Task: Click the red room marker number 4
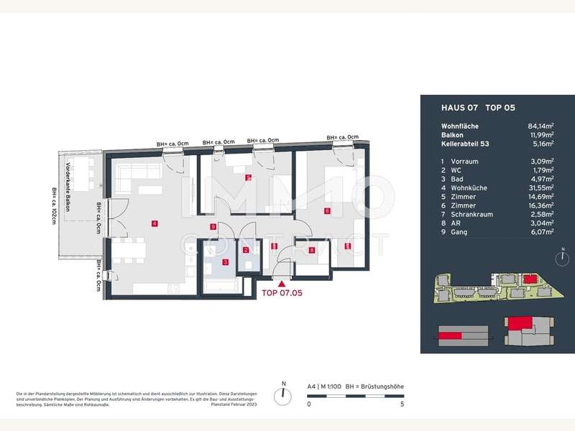pos(155,223)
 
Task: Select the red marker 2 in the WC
pos(247,251)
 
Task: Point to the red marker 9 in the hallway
pos(213,227)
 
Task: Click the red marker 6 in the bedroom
pos(327,211)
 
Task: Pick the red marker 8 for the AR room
pos(312,251)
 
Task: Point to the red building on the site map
pos(530,277)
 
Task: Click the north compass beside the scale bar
pos(284,395)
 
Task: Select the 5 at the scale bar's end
pos(402,404)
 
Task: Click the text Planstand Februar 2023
pos(238,404)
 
